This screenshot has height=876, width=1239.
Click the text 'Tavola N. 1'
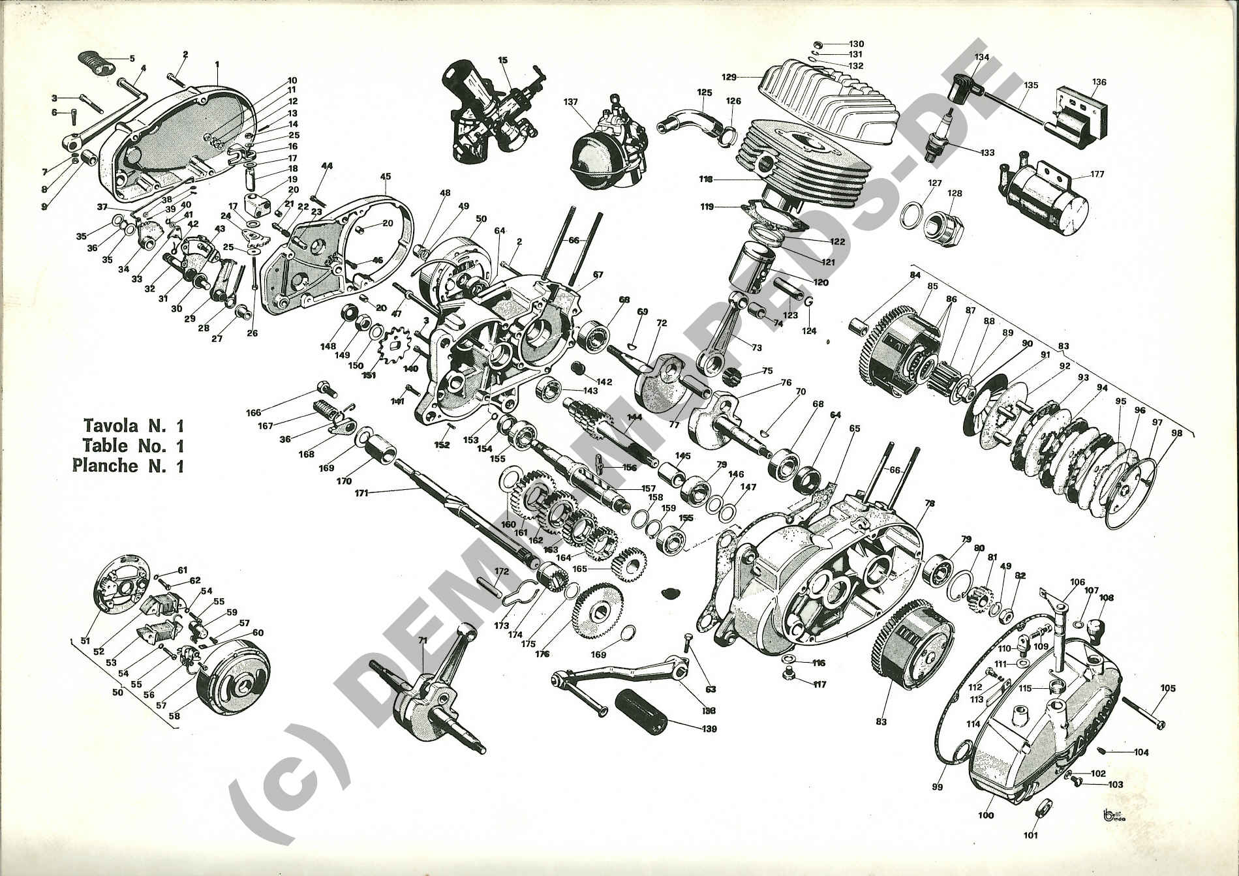133,426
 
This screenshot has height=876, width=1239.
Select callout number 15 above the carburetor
502,60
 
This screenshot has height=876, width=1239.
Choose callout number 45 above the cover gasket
385,176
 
